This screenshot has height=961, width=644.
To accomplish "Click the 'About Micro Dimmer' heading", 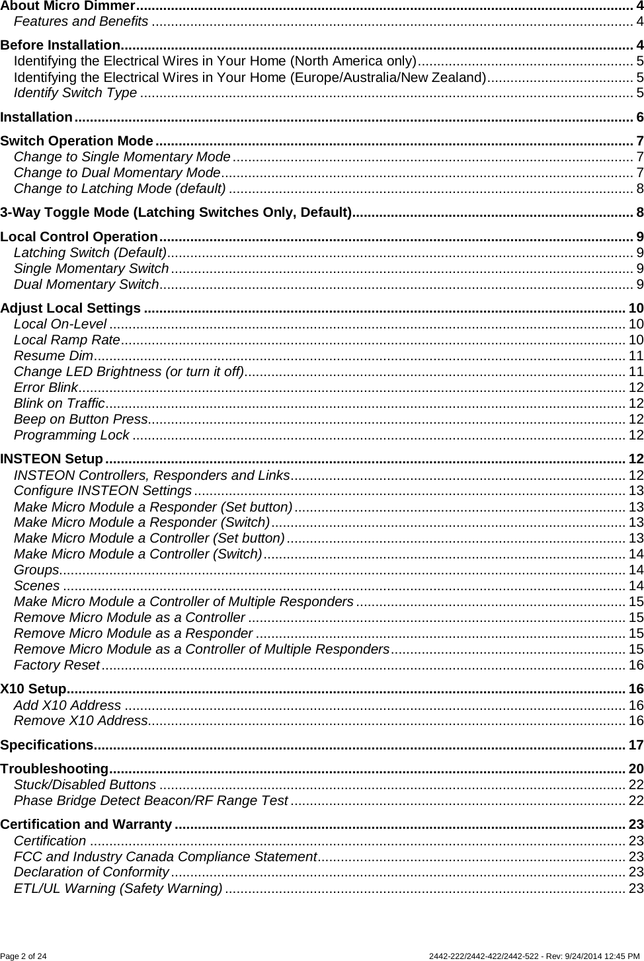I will click(67, 7).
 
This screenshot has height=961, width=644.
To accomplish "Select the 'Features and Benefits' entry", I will click(81, 21).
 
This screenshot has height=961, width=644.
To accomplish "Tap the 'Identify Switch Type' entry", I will click(75, 92).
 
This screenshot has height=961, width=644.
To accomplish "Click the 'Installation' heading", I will click(36, 118).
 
